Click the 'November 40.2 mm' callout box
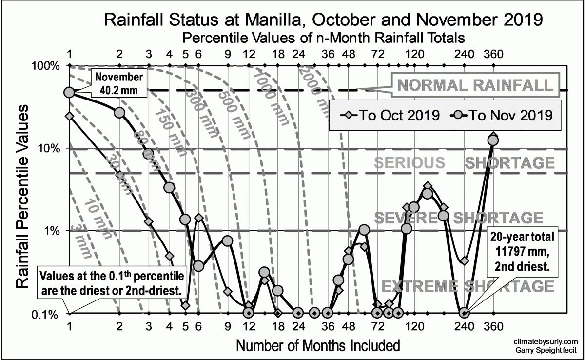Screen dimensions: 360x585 (x=119, y=83)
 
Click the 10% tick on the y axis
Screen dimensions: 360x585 (x=51, y=148)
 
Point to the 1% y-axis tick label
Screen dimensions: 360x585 (x=53, y=231)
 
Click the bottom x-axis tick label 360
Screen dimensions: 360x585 (x=493, y=326)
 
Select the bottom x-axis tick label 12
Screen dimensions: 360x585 (x=249, y=326)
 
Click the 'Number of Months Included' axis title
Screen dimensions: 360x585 (x=318, y=345)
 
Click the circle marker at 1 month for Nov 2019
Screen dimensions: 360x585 (x=69, y=92)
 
